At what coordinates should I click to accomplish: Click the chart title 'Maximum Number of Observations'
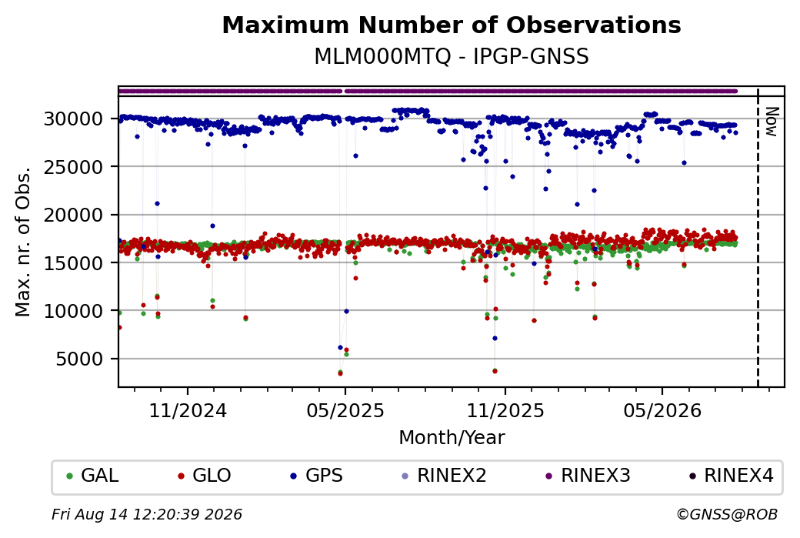point(452,25)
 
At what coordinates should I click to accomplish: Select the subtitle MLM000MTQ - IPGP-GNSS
point(452,56)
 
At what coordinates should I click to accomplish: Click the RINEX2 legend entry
point(444,475)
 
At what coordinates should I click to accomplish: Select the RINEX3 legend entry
point(588,475)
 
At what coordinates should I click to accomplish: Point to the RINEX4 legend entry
point(731,475)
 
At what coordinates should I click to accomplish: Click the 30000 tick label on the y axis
point(74,119)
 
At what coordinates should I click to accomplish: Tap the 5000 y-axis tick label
point(79,359)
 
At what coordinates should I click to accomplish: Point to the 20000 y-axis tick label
point(74,215)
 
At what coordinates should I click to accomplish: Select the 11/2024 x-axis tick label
point(188,410)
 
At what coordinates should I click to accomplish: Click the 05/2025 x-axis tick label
point(345,410)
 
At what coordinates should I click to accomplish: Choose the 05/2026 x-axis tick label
point(663,410)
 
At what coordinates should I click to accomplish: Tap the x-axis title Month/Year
point(452,437)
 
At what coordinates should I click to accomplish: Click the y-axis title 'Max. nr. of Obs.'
point(23,242)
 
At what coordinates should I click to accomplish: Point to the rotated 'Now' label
point(772,122)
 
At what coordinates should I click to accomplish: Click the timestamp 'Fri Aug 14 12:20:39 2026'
point(147,514)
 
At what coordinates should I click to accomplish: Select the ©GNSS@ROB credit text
point(727,514)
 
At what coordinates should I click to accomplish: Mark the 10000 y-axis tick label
point(74,311)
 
